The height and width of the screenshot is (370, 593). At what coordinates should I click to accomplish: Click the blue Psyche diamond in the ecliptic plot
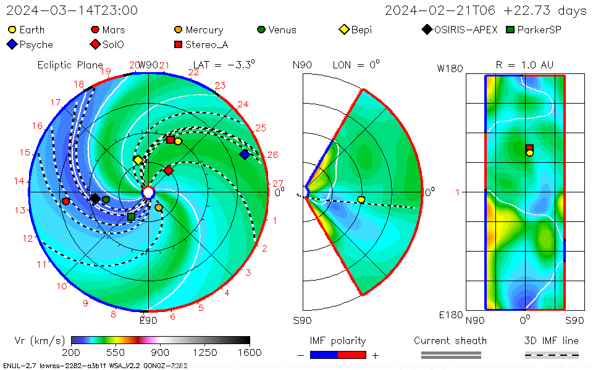click(x=245, y=154)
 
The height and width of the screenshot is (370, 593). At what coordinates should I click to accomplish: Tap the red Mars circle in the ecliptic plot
click(x=66, y=201)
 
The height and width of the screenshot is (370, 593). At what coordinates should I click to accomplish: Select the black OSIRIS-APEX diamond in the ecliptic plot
click(x=95, y=198)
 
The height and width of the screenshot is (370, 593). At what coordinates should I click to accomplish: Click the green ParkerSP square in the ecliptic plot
click(x=131, y=216)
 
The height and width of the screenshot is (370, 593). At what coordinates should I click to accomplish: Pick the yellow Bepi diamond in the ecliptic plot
click(x=138, y=160)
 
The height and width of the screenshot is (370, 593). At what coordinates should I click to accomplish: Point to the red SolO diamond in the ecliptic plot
click(x=168, y=170)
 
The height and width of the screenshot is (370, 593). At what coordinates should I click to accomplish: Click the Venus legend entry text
click(x=282, y=30)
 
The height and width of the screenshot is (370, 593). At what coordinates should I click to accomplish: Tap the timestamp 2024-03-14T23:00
click(x=72, y=10)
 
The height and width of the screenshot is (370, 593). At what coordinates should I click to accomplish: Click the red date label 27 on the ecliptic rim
click(x=277, y=183)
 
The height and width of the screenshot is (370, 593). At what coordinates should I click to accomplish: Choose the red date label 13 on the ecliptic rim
click(x=21, y=210)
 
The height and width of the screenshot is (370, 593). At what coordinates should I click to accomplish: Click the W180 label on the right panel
click(x=450, y=68)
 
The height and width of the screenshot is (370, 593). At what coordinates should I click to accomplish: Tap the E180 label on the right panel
click(x=450, y=315)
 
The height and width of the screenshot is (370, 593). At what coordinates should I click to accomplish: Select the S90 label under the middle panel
click(x=303, y=320)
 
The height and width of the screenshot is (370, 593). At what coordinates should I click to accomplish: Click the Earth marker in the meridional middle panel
click(x=361, y=199)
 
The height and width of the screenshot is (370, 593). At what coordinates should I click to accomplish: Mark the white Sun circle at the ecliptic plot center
click(x=148, y=192)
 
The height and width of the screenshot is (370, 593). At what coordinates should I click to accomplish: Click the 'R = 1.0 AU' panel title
click(x=524, y=65)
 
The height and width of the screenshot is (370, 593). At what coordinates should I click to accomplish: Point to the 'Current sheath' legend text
click(x=450, y=340)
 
